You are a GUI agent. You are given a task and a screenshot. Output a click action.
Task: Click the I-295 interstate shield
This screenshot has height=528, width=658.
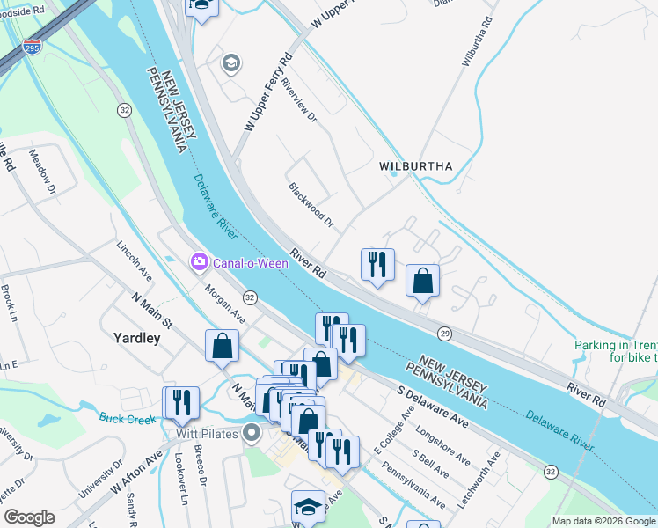pyautogui.click(x=32, y=46)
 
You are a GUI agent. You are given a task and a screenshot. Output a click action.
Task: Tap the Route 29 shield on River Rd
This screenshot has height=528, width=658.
pyautogui.click(x=445, y=333)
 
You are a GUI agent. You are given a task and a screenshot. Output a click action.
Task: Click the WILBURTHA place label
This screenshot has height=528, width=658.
pyautogui.click(x=415, y=166)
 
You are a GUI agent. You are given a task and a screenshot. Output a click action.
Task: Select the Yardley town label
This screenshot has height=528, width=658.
pyautogui.click(x=136, y=337)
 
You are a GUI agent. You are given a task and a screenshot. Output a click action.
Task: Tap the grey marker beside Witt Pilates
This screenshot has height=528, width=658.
pyautogui.click(x=252, y=432)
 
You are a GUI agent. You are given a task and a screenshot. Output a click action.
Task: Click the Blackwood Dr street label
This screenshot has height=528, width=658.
pyautogui.click(x=311, y=205)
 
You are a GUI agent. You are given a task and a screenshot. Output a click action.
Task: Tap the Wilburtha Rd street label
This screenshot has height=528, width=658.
pyautogui.click(x=474, y=41)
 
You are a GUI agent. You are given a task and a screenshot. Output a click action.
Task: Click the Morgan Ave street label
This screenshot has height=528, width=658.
pyautogui.click(x=224, y=303)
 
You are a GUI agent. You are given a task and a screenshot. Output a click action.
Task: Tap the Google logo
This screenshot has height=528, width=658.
pyautogui.click(x=29, y=517)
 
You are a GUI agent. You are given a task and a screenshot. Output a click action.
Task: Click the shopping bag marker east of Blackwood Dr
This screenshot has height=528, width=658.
pyautogui.click(x=423, y=281)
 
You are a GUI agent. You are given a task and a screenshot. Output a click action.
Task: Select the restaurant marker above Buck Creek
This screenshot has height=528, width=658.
pyautogui.click(x=180, y=402)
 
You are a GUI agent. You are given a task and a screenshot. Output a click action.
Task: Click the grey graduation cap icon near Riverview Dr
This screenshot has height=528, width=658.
pyautogui.click(x=231, y=62)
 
